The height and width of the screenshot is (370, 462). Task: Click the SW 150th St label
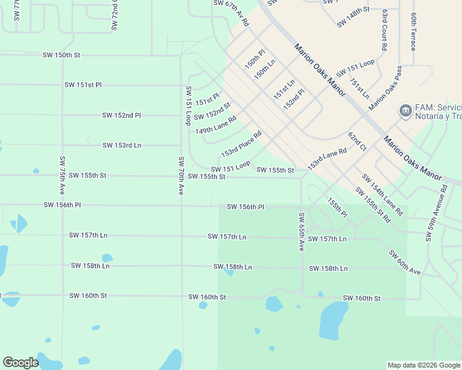click(62, 55)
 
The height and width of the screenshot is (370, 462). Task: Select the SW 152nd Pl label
click(122, 115)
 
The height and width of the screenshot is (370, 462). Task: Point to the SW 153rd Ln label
click(122, 146)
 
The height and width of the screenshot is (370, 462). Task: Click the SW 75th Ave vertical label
click(62, 176)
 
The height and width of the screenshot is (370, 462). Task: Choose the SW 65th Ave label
click(301, 231)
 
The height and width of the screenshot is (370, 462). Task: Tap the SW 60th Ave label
click(405, 263)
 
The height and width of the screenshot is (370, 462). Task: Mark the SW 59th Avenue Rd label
click(435, 210)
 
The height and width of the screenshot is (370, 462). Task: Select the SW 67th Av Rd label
click(231, 13)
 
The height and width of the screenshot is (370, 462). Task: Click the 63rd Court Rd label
click(384, 29)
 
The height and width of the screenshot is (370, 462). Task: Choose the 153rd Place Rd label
click(241, 144)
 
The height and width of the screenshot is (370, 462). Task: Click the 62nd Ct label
click(357, 141)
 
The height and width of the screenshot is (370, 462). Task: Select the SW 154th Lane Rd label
click(383, 194)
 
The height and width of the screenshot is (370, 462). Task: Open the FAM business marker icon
click(405, 111)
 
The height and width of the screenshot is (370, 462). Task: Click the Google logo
click(21, 363)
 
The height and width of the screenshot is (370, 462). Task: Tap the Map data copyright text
click(423, 365)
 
